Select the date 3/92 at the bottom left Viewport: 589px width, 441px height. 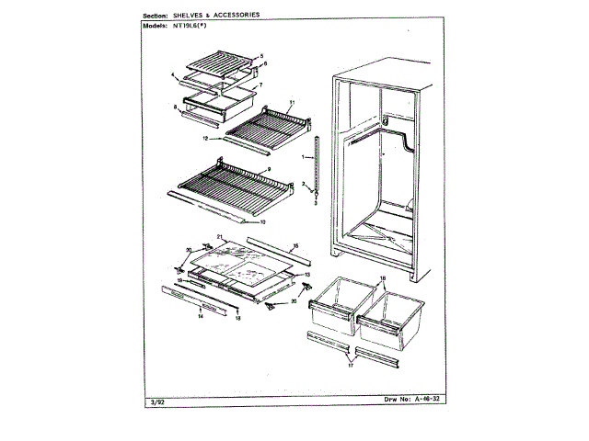pos(154,401)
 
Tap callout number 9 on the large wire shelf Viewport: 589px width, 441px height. pos(268,170)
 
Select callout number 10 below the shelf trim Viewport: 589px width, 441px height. pos(262,221)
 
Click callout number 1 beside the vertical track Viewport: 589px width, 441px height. pos(302,157)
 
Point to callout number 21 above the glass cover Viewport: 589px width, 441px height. pos(221,238)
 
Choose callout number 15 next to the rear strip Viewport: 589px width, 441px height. pos(294,245)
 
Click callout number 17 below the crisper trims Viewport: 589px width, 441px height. pos(351,366)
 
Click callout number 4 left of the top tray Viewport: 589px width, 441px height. pos(173,73)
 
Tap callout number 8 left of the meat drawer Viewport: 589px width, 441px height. pos(174,108)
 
